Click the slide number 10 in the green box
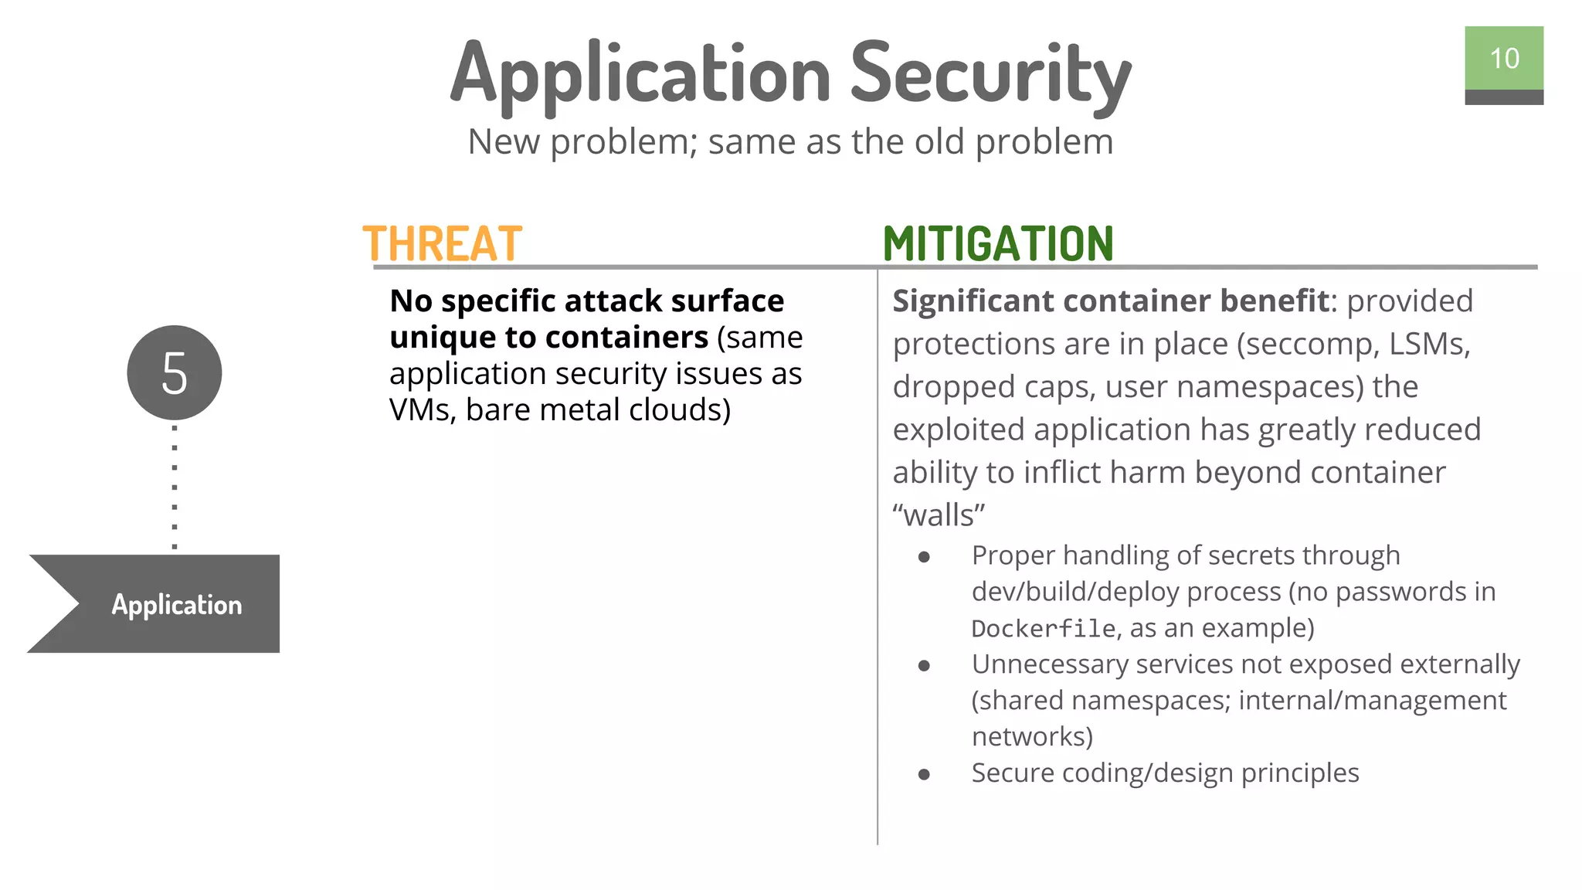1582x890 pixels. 1503,59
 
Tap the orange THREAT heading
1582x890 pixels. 443,244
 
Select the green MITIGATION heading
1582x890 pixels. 997,244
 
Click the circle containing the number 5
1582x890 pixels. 175,373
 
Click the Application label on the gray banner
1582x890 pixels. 176,604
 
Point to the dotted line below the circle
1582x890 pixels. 175,487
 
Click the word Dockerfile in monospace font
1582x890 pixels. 1043,629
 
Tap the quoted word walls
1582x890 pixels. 939,515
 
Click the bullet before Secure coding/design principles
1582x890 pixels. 924,774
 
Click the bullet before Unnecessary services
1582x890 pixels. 924,665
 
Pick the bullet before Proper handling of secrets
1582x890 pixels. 924,556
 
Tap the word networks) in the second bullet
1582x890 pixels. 1032,737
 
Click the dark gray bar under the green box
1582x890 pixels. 1503,97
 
